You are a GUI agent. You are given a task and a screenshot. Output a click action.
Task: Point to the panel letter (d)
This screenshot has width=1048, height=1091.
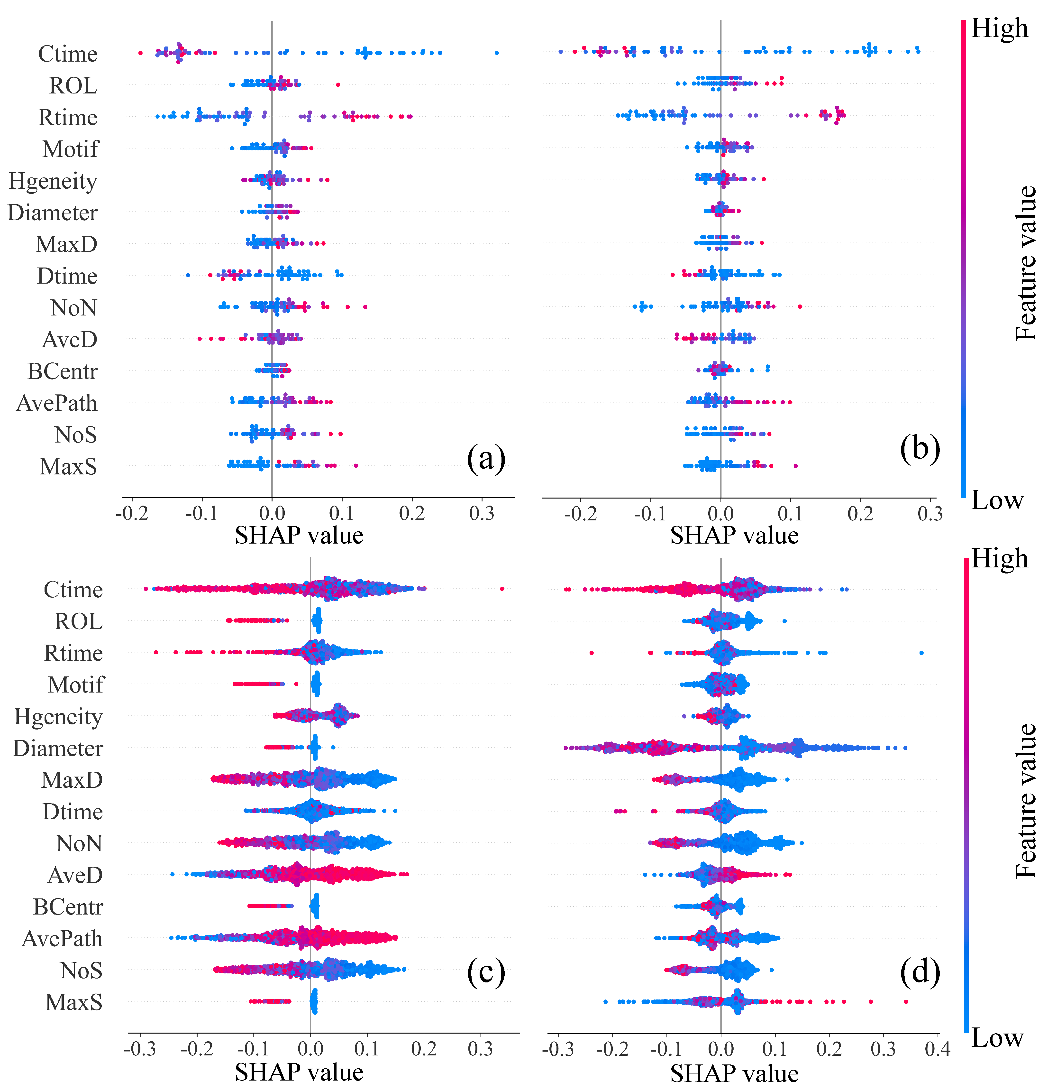(x=920, y=971)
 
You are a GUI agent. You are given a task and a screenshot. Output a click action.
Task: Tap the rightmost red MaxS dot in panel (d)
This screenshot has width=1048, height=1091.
(x=905, y=1002)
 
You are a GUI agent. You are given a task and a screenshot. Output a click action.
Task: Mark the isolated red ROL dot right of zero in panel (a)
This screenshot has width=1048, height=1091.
(x=338, y=85)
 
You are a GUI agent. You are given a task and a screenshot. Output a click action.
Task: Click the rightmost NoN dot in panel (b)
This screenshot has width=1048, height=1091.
(x=800, y=307)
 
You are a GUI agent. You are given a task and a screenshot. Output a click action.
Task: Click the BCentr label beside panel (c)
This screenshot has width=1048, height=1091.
(x=68, y=907)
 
